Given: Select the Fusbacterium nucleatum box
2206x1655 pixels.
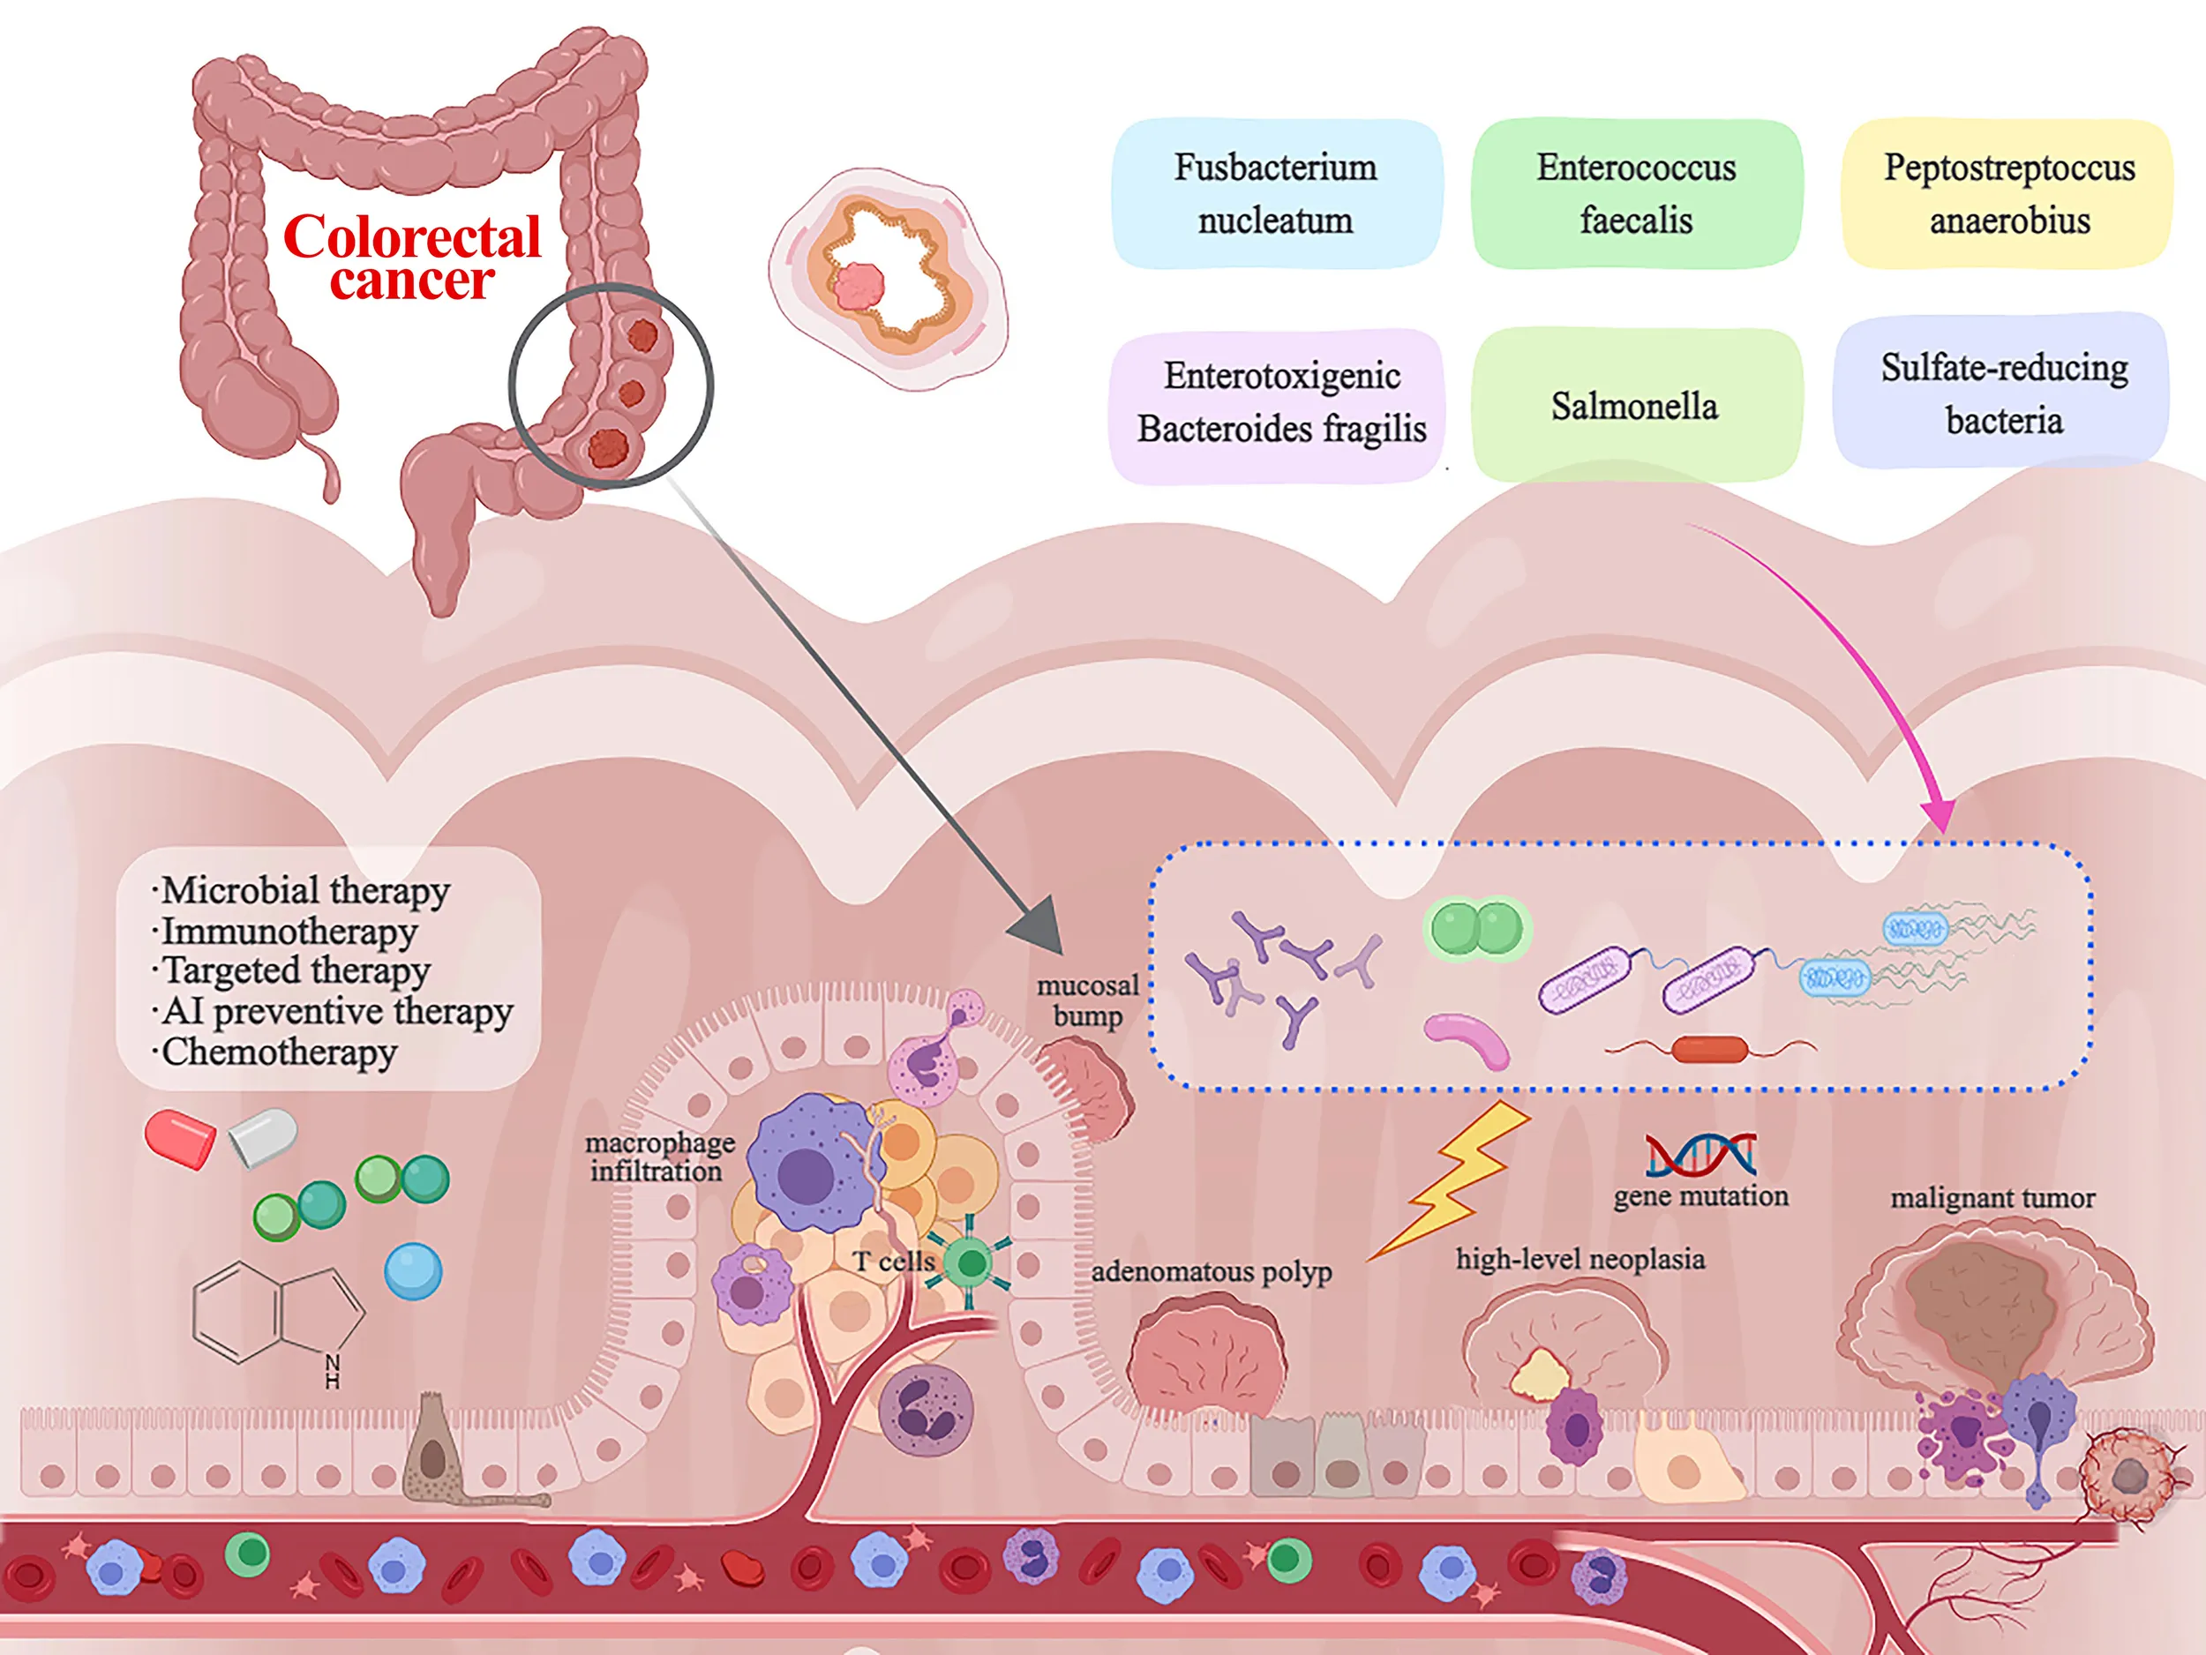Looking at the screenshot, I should click(1276, 193).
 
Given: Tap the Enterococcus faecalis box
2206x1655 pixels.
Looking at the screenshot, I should click(1636, 193).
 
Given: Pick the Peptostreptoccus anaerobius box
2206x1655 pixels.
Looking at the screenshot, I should click(2008, 193).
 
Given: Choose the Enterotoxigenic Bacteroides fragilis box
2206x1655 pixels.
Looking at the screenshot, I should click(1280, 403).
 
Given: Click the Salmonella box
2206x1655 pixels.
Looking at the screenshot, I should click(1634, 406).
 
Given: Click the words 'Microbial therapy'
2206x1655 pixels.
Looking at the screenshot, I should click(305, 889).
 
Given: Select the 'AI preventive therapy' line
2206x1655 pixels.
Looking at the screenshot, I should click(337, 1011).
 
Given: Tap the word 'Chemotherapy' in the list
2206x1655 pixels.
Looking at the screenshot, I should click(279, 1052).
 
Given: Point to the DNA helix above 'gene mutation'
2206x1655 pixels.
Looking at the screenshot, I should click(1700, 1155).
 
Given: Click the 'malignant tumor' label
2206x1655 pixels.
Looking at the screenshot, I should click(1992, 1197).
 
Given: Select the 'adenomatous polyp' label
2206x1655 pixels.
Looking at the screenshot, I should click(1211, 1271).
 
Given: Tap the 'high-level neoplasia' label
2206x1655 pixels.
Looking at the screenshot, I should click(1579, 1258).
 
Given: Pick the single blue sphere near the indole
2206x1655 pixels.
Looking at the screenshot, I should click(413, 1271).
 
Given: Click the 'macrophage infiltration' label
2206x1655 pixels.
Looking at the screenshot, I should click(659, 1157).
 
